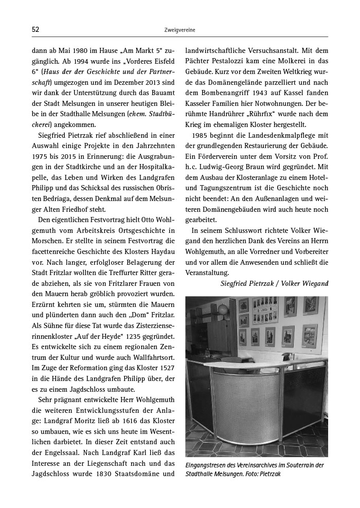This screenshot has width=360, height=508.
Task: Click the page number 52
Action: (35, 30)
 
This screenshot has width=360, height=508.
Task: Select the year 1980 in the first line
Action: (89, 51)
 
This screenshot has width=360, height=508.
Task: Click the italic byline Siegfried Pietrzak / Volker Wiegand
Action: (274, 283)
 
